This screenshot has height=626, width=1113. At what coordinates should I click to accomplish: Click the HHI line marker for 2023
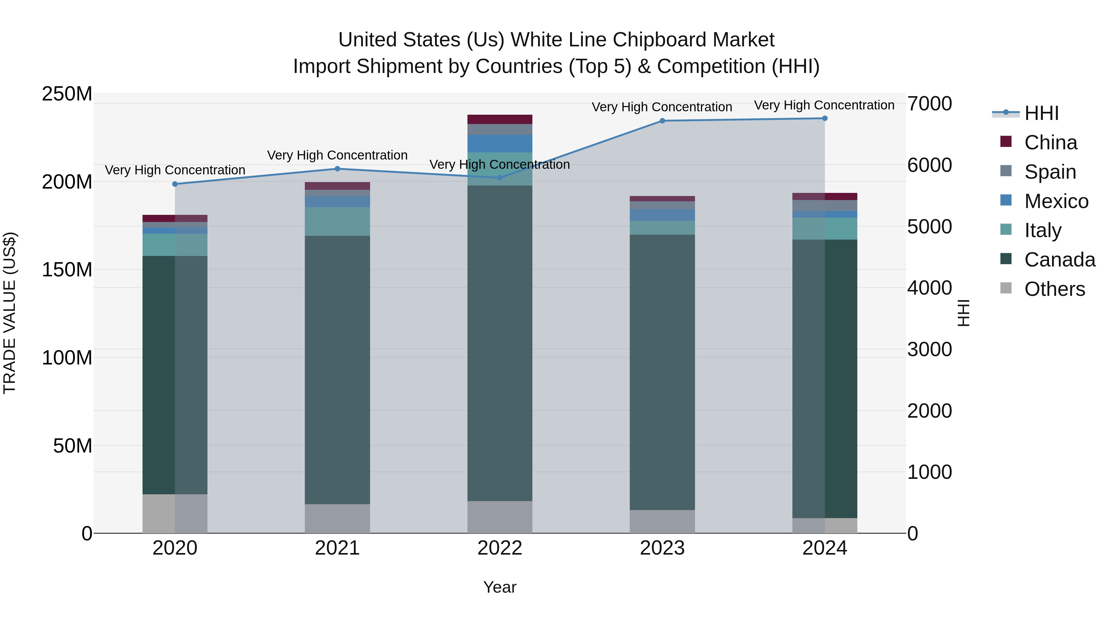point(662,121)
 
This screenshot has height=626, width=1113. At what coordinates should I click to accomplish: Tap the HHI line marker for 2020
point(175,184)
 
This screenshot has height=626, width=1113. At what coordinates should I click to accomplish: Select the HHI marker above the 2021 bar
point(337,169)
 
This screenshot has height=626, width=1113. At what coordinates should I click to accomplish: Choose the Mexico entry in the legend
point(1056,201)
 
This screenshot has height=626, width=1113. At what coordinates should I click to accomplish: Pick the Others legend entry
point(1054,289)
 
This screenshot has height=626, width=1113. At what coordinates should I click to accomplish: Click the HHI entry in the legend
point(1041,113)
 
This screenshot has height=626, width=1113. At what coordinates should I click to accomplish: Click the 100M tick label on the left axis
point(67,358)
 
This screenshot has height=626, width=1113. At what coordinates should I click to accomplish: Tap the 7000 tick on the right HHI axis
point(929,104)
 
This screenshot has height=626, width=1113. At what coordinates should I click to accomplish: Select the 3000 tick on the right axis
point(929,350)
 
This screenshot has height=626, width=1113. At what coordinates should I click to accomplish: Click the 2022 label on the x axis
point(500,548)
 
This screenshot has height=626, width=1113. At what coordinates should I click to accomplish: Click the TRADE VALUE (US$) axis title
point(10,313)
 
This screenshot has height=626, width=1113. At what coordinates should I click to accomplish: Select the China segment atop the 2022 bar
point(500,120)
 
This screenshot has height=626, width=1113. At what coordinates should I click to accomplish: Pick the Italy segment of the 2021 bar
point(337,221)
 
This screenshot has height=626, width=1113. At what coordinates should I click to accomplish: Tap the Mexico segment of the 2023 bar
point(662,215)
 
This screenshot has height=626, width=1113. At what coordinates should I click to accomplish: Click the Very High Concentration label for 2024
point(824,105)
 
